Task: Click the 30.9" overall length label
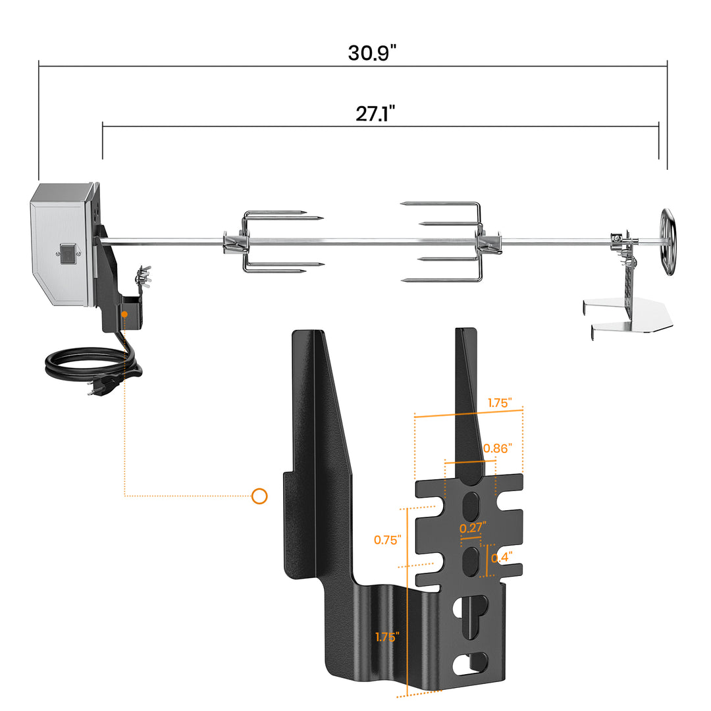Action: click(372, 53)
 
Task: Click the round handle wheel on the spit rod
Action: click(668, 242)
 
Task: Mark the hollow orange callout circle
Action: click(259, 496)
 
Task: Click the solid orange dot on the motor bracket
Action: click(124, 315)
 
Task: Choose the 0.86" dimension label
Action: click(497, 448)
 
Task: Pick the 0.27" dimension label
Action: click(472, 527)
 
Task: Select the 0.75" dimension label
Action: click(387, 540)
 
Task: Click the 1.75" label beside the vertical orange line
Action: click(387, 637)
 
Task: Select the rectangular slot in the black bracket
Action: click(472, 664)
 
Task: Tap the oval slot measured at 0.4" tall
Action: click(471, 562)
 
